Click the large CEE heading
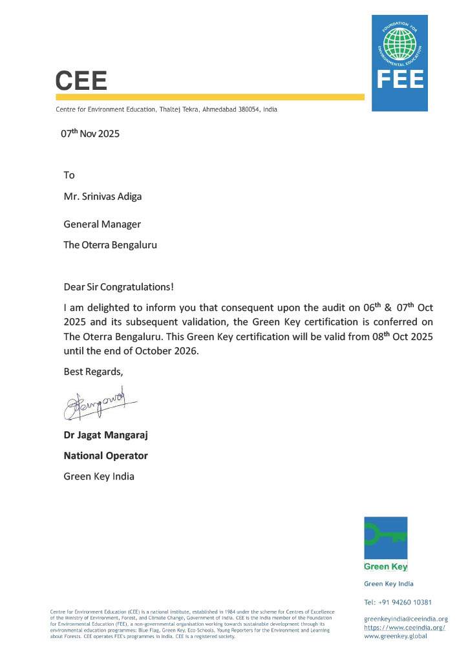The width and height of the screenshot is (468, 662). (x=81, y=80)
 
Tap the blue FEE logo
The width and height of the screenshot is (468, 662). (x=399, y=63)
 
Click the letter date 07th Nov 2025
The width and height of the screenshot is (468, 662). (x=90, y=134)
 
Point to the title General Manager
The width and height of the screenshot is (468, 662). (x=102, y=224)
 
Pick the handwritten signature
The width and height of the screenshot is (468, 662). (x=100, y=404)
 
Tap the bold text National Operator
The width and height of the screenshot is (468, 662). (x=105, y=456)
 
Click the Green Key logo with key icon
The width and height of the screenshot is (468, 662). (x=385, y=544)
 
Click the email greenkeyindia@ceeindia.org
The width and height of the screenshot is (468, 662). (x=405, y=619)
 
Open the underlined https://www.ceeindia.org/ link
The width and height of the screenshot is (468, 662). (x=405, y=628)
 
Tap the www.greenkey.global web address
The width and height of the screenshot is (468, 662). (x=395, y=636)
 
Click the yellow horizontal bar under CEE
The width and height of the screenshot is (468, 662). (x=210, y=97)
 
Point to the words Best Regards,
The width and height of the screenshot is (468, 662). (x=92, y=372)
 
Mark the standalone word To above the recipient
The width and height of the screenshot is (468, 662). (x=69, y=175)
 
